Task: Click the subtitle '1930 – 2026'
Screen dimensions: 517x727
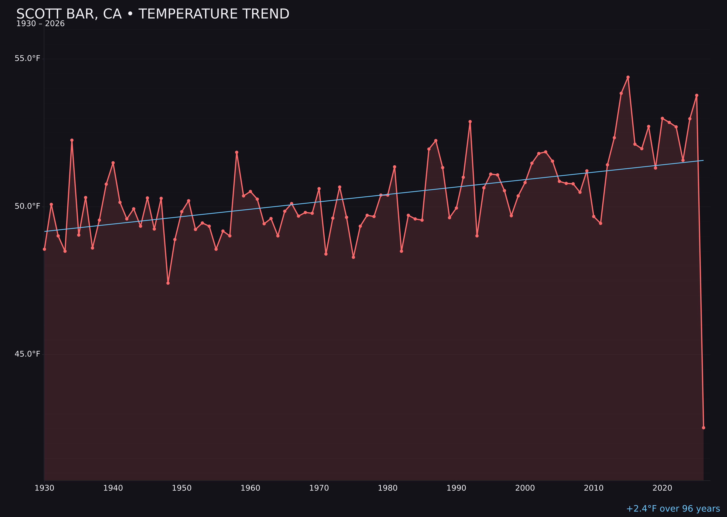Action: (x=40, y=24)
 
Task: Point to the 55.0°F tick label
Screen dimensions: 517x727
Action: (x=27, y=59)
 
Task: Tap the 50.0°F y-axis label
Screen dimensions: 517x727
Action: (x=27, y=206)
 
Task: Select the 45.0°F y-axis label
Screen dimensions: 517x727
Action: (x=27, y=354)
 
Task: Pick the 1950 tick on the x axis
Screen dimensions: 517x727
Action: (x=182, y=488)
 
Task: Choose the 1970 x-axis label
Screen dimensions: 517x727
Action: (x=319, y=488)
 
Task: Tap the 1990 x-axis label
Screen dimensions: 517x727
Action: (x=456, y=488)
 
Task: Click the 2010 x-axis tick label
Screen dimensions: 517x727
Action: (x=594, y=488)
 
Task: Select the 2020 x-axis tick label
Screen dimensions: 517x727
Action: (x=662, y=488)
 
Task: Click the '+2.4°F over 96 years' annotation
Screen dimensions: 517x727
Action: (x=673, y=509)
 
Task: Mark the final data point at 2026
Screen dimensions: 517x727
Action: (x=703, y=428)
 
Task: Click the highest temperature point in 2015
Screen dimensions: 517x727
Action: (x=628, y=77)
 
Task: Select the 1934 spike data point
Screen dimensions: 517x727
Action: (x=72, y=140)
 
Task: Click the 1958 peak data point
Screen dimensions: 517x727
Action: (x=236, y=152)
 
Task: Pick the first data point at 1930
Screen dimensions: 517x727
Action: (x=45, y=249)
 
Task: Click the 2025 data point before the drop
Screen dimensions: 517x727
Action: (x=696, y=95)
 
